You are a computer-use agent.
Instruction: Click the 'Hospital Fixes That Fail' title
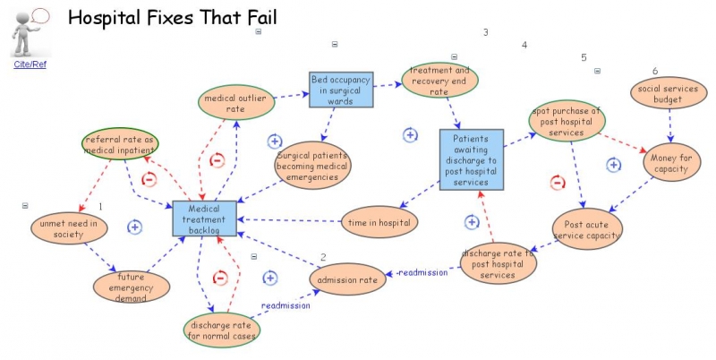tap(172, 17)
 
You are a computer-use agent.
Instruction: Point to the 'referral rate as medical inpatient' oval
tap(120, 146)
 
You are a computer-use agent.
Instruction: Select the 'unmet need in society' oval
tap(69, 228)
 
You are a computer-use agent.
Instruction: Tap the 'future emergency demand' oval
tap(131, 287)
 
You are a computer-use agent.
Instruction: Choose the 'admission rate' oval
tap(348, 279)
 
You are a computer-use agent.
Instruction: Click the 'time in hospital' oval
tap(379, 222)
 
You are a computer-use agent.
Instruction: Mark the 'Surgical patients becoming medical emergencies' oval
tap(311, 165)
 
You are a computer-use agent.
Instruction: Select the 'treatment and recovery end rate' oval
tap(439, 79)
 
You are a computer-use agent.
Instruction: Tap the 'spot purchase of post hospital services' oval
tap(566, 122)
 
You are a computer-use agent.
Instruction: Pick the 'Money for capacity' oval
tap(671, 163)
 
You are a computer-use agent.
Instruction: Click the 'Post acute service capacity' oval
tap(587, 230)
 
